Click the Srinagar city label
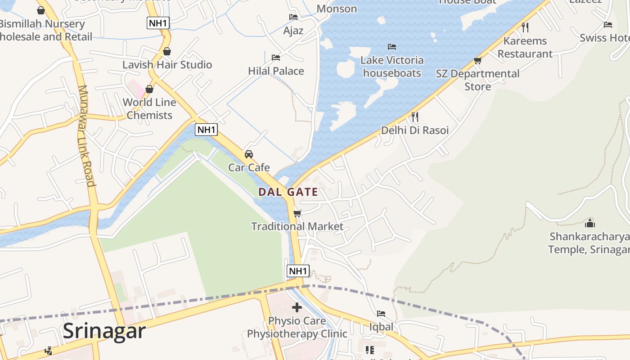104,331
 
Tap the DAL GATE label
288,192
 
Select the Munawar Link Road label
87,135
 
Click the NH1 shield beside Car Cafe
207,130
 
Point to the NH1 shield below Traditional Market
298,271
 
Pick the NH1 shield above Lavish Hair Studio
158,22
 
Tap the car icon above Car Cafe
248,154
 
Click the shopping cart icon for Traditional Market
297,213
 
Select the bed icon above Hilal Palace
276,58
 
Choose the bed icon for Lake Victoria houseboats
392,47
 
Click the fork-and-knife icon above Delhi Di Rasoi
415,117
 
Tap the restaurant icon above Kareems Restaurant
525,27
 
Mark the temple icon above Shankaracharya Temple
589,223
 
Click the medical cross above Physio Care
297,307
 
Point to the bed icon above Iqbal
381,314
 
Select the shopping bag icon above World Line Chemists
149,89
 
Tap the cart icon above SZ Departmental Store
477,60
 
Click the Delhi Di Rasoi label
415,130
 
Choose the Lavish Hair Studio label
167,65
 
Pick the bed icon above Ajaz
293,17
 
